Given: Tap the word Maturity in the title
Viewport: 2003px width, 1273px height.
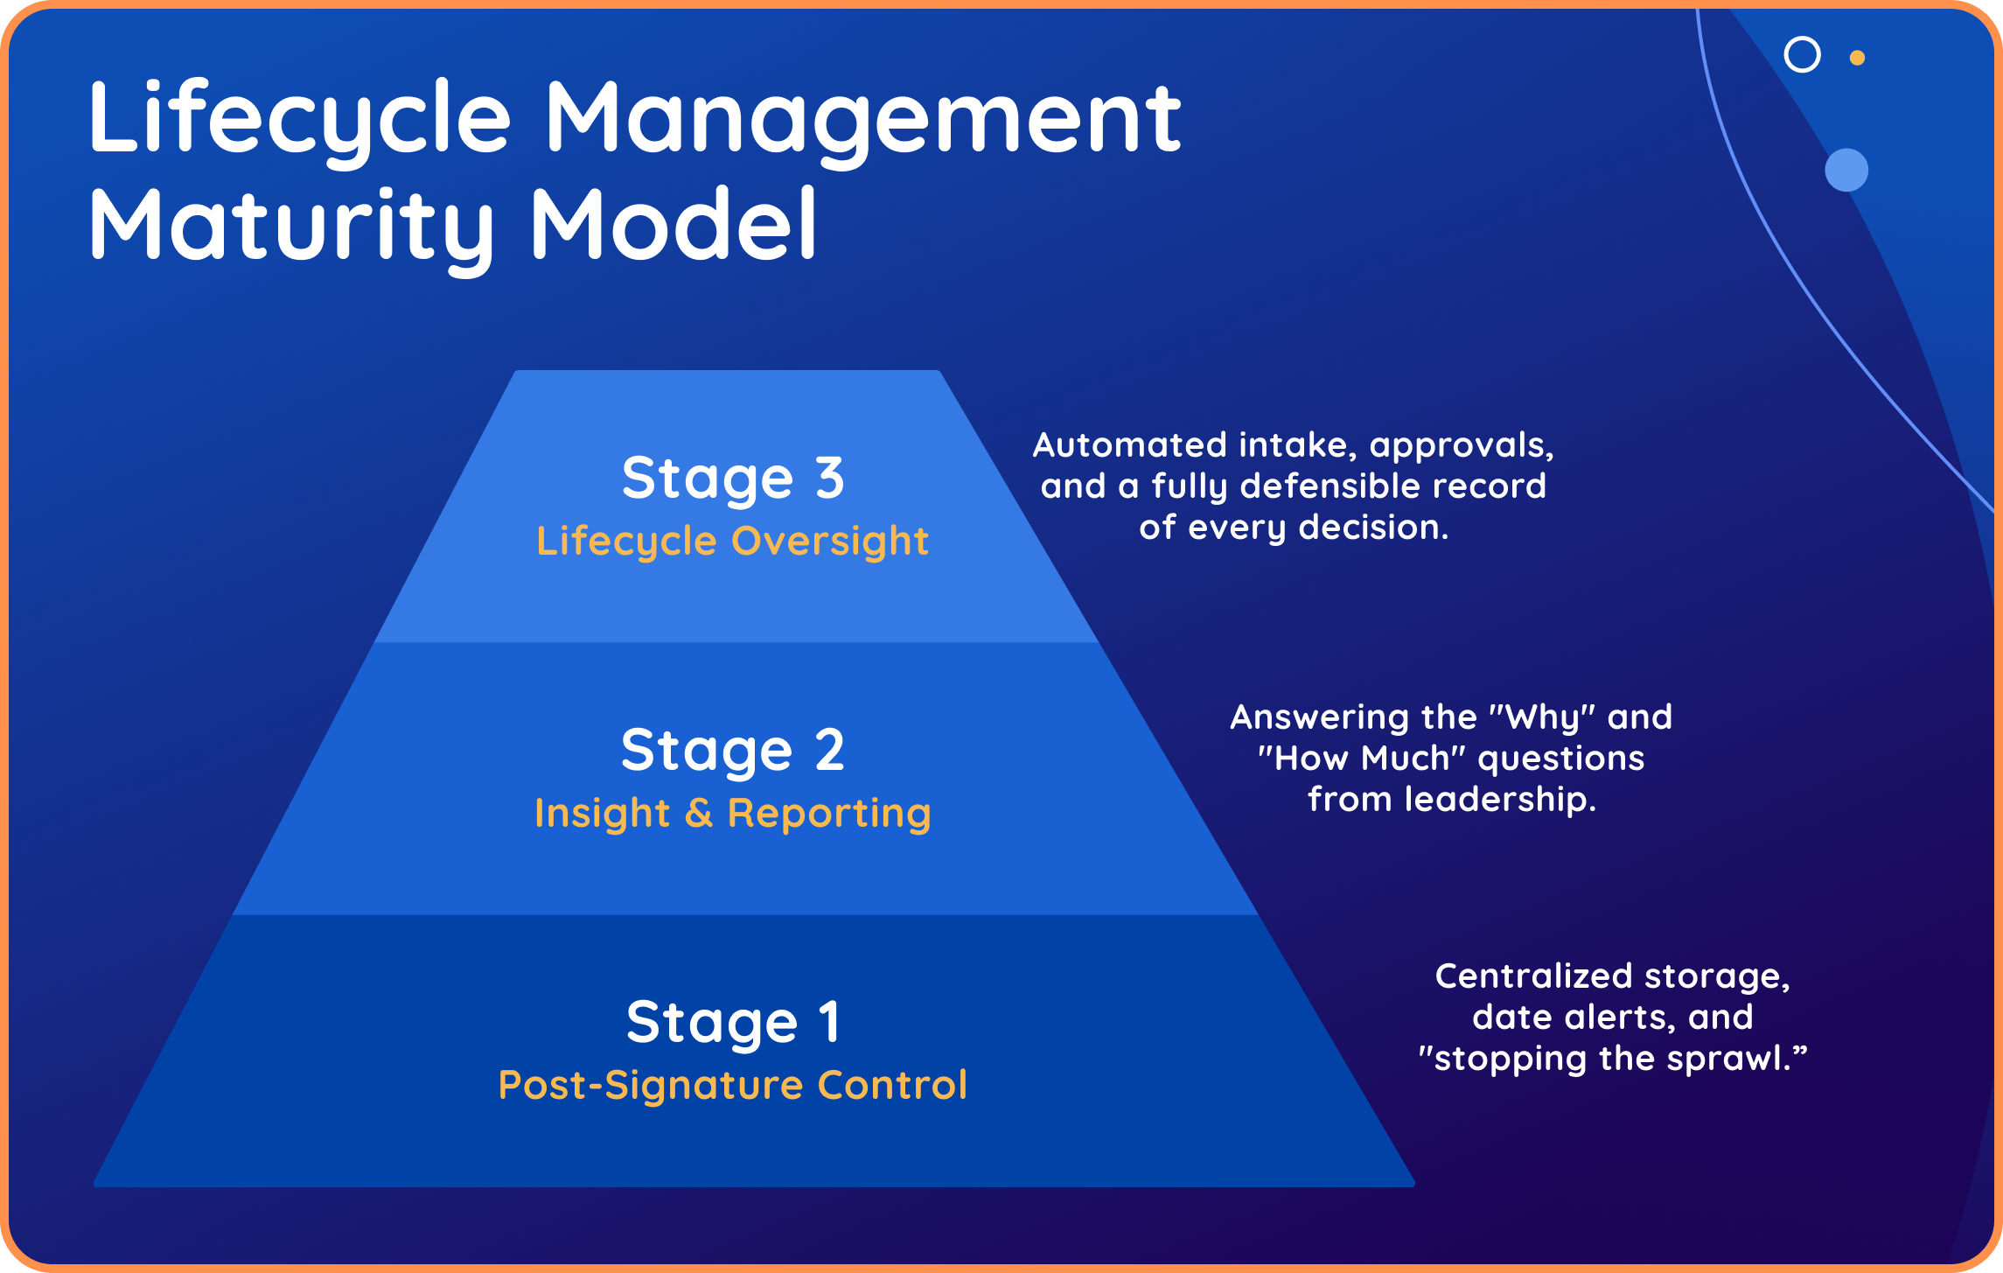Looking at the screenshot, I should (x=292, y=226).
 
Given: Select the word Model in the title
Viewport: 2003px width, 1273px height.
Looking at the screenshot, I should (x=673, y=226).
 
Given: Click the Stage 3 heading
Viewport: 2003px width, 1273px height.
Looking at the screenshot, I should (x=733, y=479).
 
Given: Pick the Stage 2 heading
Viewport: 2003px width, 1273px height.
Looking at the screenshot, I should (x=733, y=751).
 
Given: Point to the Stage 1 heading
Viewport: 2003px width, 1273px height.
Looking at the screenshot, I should (x=733, y=1023).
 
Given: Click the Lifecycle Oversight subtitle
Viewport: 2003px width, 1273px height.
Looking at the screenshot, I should (x=733, y=541).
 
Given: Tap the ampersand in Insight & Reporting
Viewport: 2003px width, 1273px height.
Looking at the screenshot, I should (x=698, y=813).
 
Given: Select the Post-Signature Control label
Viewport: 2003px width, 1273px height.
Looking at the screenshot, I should (x=733, y=1085).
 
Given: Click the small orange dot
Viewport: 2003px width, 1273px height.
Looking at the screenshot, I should (x=1857, y=58).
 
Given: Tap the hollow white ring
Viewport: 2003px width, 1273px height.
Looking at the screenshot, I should (x=1802, y=54).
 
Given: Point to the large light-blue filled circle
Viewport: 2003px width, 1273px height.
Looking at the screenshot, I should (x=1846, y=170).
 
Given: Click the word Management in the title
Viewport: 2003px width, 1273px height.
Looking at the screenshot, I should (x=862, y=119).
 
